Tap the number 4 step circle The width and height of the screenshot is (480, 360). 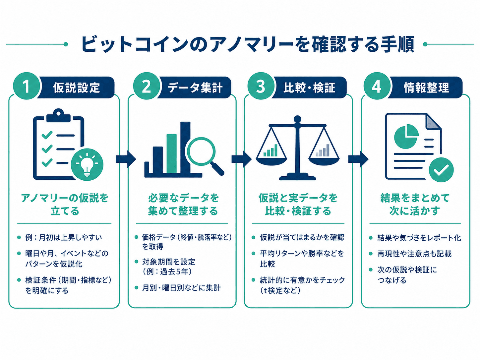click(x=377, y=86)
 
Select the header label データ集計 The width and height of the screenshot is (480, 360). click(x=195, y=88)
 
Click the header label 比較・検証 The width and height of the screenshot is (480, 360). click(x=309, y=88)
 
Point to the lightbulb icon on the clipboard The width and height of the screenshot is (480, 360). click(x=87, y=164)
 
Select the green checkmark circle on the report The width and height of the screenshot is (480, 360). click(x=441, y=170)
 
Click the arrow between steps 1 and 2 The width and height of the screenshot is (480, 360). click(x=126, y=159)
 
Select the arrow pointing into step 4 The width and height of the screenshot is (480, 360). click(x=358, y=159)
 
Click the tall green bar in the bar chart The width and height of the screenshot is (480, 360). click(x=171, y=154)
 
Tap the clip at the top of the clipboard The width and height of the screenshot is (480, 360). click(x=59, y=116)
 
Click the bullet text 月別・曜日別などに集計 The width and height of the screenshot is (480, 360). click(x=181, y=288)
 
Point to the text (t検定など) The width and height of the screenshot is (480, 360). click(x=280, y=290)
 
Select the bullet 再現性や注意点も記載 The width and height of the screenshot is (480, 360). click(x=414, y=254)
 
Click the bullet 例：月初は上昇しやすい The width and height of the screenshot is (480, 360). click(x=63, y=237)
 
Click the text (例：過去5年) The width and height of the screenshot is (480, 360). click(x=167, y=271)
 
